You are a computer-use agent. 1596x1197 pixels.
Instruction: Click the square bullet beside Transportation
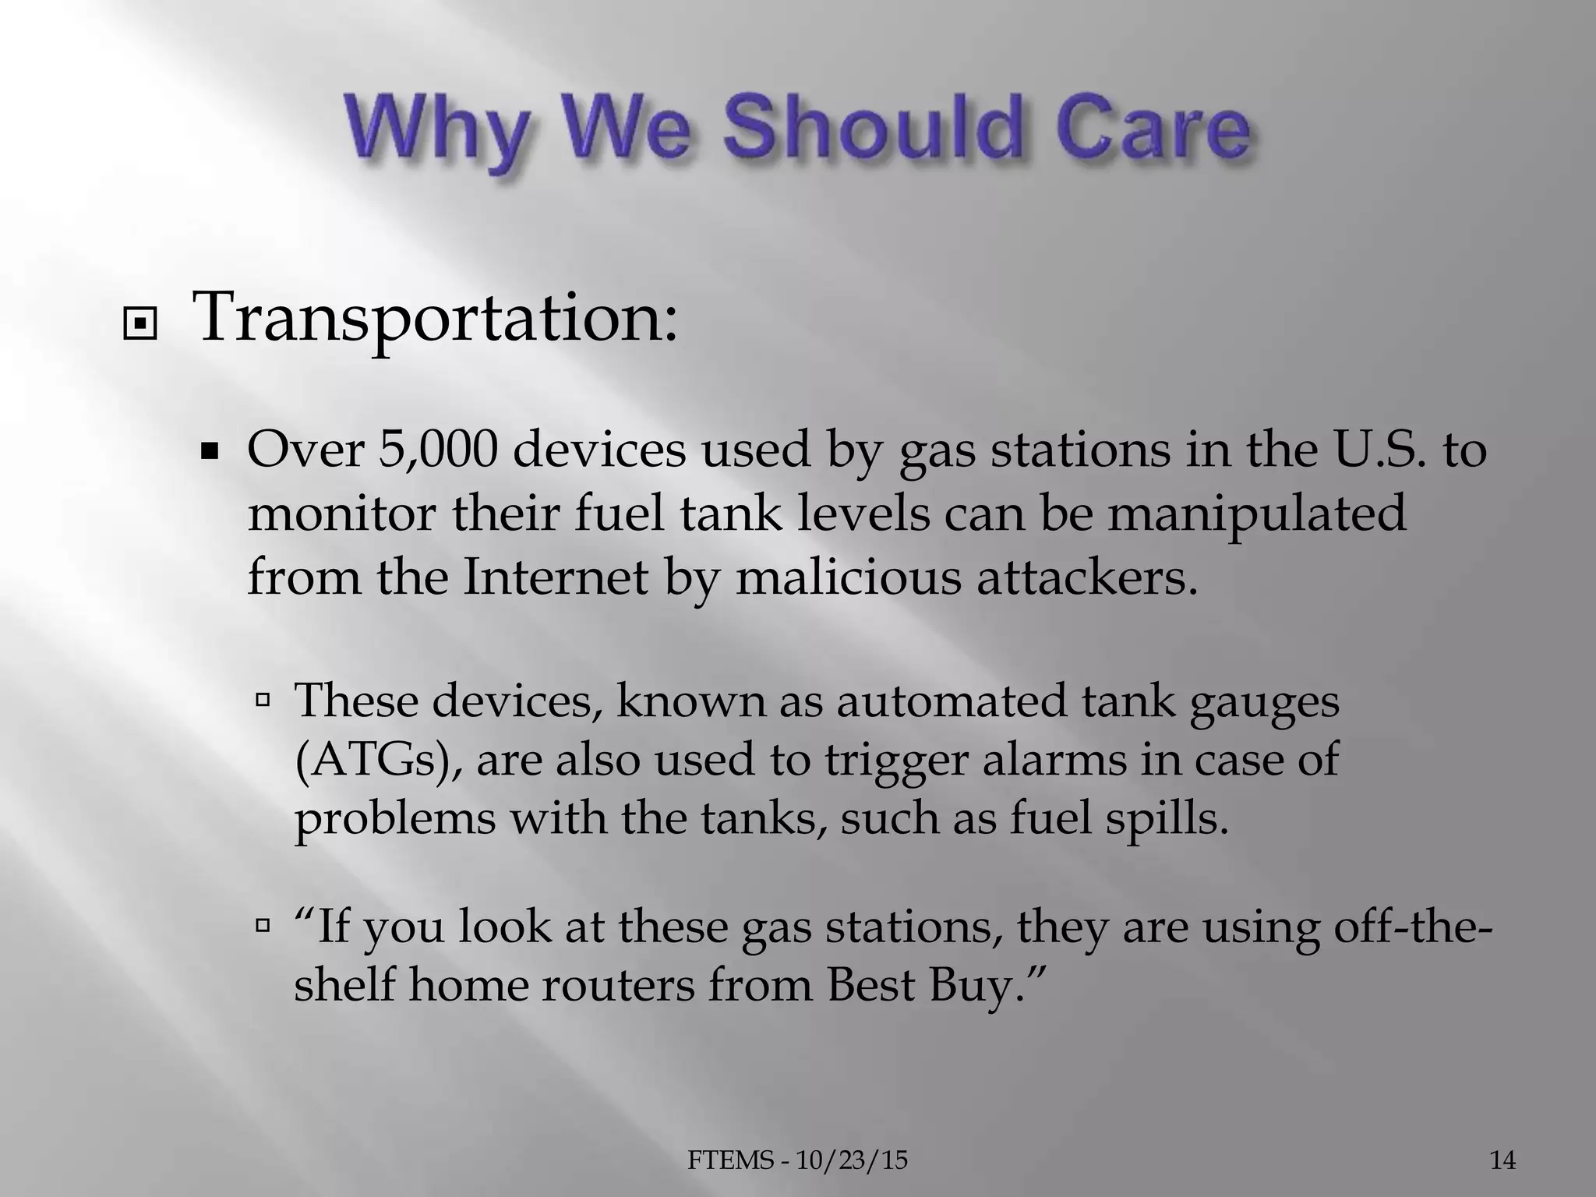[x=140, y=328]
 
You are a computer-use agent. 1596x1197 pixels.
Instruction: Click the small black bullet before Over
[x=209, y=452]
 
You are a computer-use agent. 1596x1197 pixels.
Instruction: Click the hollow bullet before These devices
[x=263, y=699]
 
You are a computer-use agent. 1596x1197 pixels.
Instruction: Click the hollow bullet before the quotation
[x=263, y=927]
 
